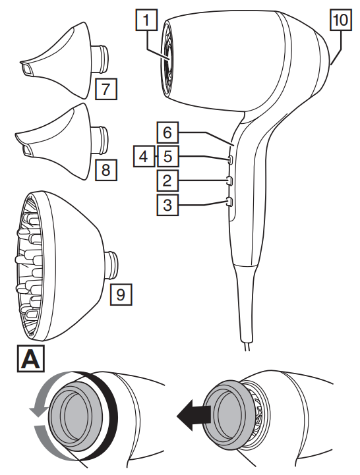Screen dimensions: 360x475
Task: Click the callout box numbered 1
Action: [x=146, y=20]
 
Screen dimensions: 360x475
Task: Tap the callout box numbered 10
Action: [x=341, y=20]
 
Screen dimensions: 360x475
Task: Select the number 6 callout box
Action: [x=167, y=132]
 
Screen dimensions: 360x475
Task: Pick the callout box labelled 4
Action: [x=144, y=156]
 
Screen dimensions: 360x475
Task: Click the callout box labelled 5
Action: [x=167, y=156]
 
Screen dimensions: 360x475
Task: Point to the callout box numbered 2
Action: [x=167, y=181]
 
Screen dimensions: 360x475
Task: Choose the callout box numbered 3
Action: [x=167, y=205]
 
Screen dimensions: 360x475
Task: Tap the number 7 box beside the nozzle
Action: [x=106, y=89]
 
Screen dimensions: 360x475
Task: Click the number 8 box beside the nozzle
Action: [x=106, y=170]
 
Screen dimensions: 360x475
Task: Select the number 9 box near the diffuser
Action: [x=121, y=294]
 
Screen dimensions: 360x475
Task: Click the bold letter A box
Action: [x=30, y=358]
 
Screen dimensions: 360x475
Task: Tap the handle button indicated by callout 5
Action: [x=230, y=159]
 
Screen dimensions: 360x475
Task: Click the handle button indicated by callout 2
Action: [x=229, y=181]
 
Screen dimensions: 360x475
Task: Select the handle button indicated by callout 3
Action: [x=229, y=202]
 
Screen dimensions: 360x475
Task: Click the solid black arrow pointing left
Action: [x=193, y=414]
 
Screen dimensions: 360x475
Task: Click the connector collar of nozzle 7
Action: [x=100, y=59]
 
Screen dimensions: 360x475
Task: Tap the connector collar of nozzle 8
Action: [x=100, y=140]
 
